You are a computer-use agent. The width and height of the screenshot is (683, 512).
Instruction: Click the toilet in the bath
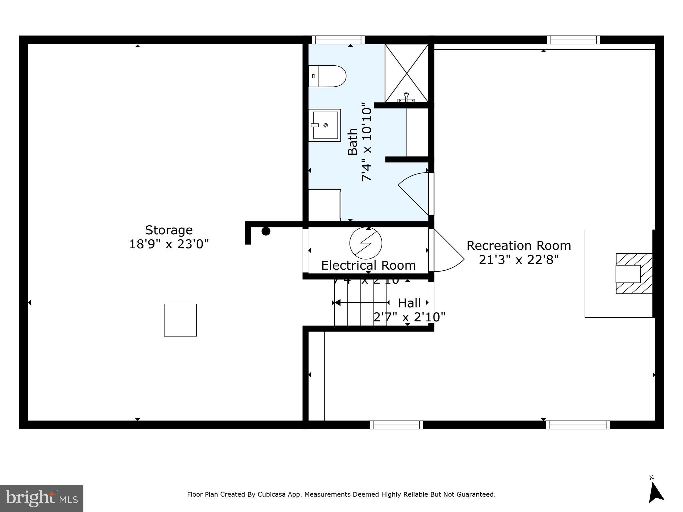pos(328,76)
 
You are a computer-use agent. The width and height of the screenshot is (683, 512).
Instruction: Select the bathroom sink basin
pos(324,125)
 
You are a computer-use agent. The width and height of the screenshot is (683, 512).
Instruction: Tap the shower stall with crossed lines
pos(407,73)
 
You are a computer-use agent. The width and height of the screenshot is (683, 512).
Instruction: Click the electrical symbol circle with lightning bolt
pos(366,243)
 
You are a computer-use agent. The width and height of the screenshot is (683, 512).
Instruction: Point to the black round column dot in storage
pos(266,231)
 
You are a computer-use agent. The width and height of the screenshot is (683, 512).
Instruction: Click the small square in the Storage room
pos(180,320)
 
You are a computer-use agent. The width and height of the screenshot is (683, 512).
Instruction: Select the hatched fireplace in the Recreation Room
pos(634,274)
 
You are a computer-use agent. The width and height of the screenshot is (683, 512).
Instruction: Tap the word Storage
pos(169,230)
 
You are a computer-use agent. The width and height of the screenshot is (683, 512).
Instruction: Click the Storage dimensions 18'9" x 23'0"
pos(169,244)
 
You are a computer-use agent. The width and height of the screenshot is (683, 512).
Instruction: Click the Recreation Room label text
pos(519,246)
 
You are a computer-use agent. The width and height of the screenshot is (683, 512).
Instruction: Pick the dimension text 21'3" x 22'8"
pos(519,259)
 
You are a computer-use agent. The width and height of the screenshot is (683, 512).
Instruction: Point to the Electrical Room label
pos(368,265)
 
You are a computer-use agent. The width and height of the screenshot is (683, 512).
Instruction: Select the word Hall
pos(409,303)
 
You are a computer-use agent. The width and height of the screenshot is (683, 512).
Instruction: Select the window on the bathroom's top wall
pos(338,40)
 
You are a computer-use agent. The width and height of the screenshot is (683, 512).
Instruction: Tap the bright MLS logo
pos(42,498)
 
